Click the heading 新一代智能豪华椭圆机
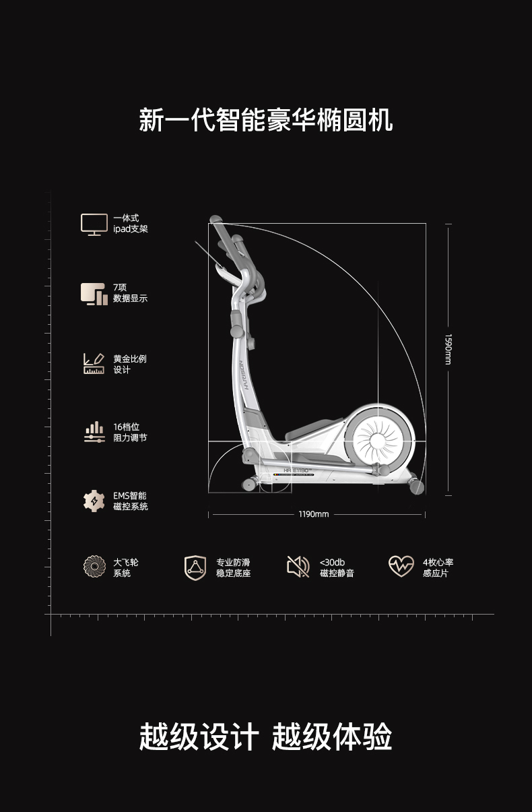tap(266, 121)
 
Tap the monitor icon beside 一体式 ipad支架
tap(94, 224)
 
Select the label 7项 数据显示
tap(130, 293)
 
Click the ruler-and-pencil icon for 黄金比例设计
tap(94, 364)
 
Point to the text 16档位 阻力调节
tap(129, 433)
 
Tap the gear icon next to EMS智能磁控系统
tap(94, 501)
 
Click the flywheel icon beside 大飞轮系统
tap(94, 567)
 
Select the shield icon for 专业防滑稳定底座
tap(195, 567)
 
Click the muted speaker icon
tap(298, 567)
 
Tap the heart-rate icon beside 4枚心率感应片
tap(401, 566)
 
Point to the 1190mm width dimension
tap(314, 515)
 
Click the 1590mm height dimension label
tap(448, 350)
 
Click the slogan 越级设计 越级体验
tap(266, 737)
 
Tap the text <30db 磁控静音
tap(337, 567)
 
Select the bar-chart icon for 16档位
tap(94, 432)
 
